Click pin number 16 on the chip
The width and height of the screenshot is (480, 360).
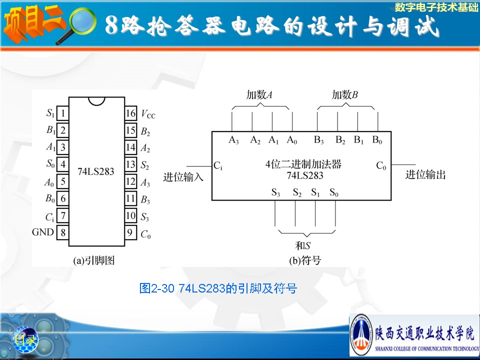click(130, 113)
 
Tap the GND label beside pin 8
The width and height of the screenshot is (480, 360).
click(43, 232)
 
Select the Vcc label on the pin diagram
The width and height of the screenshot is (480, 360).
click(148, 114)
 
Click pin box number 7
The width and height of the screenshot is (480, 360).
click(63, 215)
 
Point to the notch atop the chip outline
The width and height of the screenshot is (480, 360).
click(96, 101)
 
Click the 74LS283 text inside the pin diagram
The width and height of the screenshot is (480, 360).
click(96, 171)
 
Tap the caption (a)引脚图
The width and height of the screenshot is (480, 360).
click(94, 260)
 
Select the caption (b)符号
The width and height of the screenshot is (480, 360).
click(305, 260)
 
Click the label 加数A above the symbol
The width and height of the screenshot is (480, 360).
click(259, 95)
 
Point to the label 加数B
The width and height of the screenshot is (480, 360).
click(344, 95)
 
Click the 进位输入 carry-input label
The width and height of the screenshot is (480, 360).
click(183, 177)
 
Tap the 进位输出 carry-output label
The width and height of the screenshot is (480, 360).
click(425, 175)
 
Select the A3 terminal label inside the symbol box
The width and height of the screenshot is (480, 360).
click(233, 140)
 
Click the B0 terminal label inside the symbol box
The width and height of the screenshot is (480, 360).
click(377, 140)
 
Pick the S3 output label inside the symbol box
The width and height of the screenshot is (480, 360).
click(275, 192)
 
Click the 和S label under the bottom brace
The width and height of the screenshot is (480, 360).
click(303, 245)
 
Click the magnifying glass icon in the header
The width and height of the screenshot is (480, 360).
click(76, 25)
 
